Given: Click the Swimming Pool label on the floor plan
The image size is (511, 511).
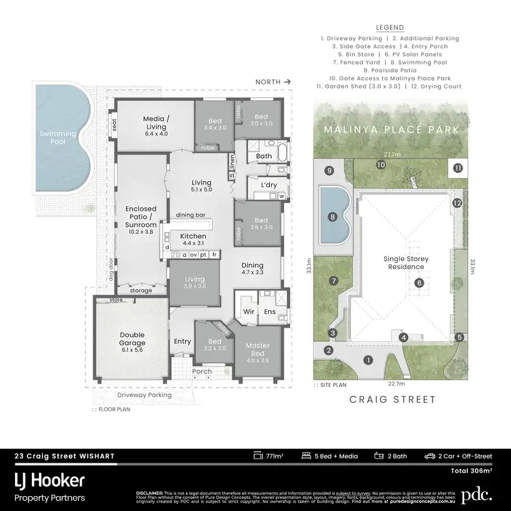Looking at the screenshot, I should pos(57,138).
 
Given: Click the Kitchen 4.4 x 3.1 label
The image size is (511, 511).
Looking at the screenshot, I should pos(192,239).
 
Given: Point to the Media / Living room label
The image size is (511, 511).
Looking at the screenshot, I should pos(155,126).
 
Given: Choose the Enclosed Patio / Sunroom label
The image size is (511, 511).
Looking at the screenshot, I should pos(141,221).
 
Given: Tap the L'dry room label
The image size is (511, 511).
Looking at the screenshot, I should pos(260,185).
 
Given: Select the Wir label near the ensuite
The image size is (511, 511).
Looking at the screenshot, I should pos(249,312).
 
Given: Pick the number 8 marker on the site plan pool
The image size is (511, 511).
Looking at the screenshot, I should pos(332,217).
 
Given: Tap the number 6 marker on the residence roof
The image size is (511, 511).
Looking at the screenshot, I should pos(420,283).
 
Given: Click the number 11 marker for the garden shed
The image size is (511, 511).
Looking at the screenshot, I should pos(457,168).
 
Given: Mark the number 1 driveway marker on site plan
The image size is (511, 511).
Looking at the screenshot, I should pos(369,360).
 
